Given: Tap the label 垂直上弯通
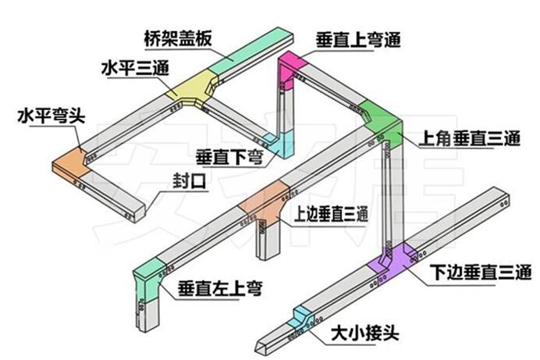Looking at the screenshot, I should [358, 39].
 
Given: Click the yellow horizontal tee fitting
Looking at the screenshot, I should [193, 88].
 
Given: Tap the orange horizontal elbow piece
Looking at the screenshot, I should [68, 162].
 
